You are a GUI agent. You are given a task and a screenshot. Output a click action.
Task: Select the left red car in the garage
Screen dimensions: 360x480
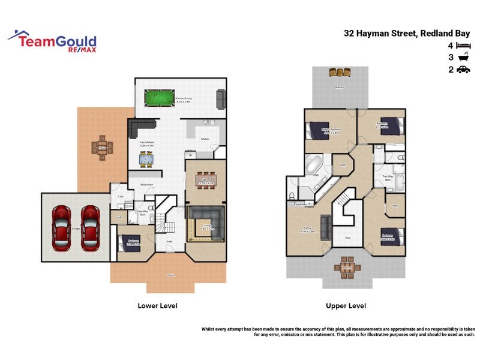tap(62, 228)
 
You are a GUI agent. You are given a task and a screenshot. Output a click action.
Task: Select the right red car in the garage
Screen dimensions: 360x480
tap(90, 228)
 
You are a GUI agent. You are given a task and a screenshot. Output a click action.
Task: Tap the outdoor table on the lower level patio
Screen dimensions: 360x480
tap(102, 146)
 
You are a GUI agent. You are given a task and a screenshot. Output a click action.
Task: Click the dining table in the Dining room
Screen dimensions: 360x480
tap(205, 179)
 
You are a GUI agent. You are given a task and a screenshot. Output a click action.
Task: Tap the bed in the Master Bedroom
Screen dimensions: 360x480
tap(316, 130)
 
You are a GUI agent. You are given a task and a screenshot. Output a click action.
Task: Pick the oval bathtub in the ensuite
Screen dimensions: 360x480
tap(314, 164)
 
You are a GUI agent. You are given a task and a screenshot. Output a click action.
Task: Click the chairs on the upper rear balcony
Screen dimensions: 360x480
tap(340, 72)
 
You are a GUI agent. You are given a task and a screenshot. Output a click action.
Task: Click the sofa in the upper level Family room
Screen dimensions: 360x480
tap(325, 227)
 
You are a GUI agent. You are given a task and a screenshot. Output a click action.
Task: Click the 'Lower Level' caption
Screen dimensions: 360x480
tap(158, 305)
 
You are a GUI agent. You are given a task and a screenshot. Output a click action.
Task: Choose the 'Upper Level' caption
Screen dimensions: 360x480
tap(346, 305)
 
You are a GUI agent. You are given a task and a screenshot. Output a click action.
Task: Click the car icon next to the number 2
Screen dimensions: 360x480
tap(463, 70)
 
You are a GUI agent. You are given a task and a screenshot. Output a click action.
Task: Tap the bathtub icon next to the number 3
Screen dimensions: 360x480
tap(463, 58)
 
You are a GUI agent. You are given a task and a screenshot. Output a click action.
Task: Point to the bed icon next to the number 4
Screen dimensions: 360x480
tap(463, 46)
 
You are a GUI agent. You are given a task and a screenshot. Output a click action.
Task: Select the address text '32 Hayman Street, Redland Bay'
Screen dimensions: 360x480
tap(407, 34)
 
